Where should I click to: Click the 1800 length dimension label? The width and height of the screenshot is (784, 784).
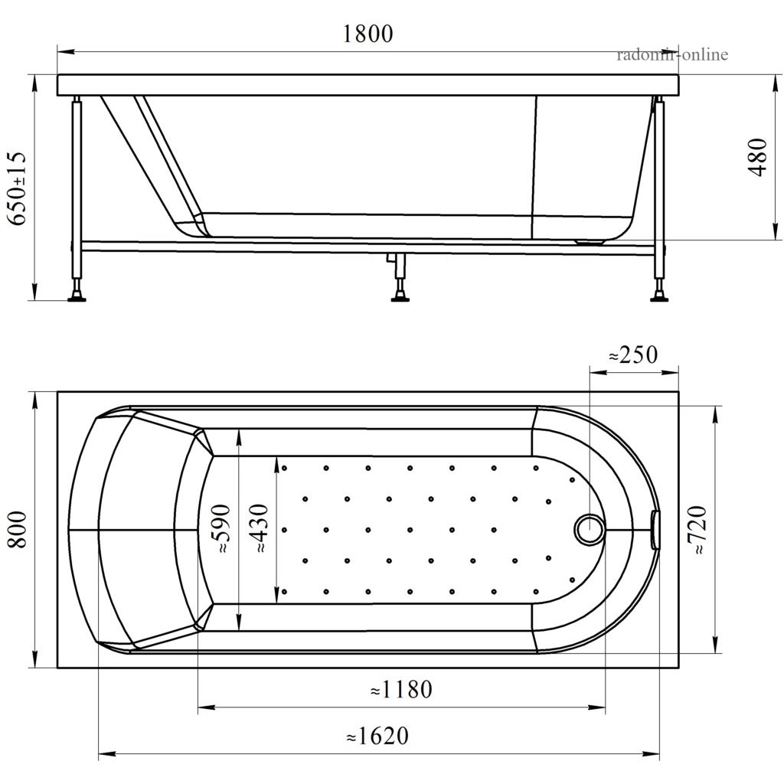pos(368,34)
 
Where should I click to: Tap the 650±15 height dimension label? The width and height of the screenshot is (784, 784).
pos(17,188)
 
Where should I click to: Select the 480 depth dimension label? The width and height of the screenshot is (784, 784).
pos(758,157)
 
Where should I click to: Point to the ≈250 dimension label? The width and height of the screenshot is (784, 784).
pos(633,355)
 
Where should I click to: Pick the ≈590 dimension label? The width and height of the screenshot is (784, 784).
pos(220,528)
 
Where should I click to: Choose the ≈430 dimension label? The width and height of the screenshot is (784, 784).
pos(259,528)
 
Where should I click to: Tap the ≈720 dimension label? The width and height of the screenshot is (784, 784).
pos(697,530)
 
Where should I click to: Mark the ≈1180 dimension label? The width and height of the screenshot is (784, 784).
pos(401,690)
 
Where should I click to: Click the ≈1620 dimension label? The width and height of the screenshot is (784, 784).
pos(377,736)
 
